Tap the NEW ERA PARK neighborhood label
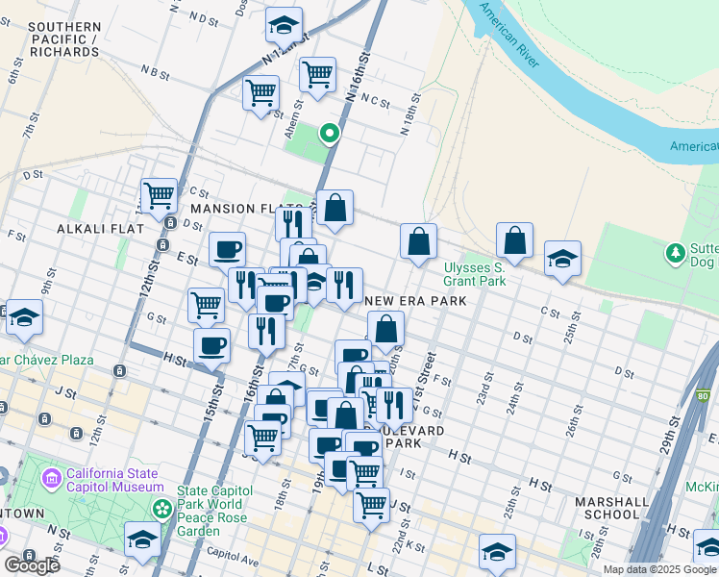pos(416,301)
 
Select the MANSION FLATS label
pos(235,209)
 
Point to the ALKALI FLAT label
pos(100,229)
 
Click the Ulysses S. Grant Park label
pos(474,274)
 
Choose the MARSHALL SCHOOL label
pos(607,508)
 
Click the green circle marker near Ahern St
pos(330,134)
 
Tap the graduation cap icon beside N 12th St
pos(284,23)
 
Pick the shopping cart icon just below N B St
pos(260,93)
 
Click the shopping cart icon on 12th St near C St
pos(159,194)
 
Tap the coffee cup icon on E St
pos(228,249)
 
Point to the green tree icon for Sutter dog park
pos(676,253)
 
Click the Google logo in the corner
pos(32,565)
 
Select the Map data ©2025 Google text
pos(659,569)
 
